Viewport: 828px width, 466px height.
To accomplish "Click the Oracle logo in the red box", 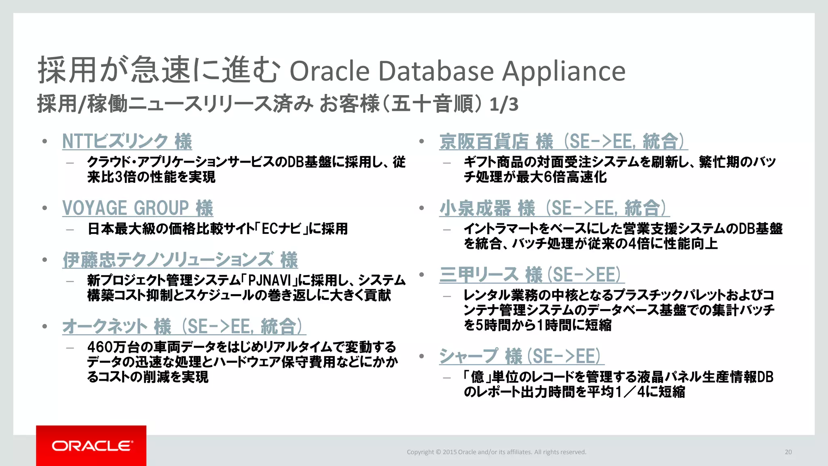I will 92,446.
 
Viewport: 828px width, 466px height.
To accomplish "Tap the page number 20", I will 788,452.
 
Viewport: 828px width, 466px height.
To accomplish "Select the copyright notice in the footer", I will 496,452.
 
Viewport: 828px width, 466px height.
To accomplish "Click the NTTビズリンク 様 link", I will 127,141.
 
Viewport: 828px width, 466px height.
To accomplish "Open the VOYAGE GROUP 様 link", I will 137,208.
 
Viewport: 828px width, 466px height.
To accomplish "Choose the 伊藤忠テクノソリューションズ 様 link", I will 180,260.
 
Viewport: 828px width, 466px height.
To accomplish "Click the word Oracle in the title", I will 330,71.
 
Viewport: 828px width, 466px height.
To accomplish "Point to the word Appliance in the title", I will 564,72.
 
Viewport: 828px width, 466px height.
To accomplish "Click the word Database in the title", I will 436,71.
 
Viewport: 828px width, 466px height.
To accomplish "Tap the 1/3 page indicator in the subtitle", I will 503,104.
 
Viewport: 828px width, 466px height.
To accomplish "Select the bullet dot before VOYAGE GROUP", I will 45,208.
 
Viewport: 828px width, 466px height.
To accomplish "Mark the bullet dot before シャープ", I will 422,356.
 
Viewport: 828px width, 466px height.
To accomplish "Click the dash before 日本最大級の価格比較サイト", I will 70,229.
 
